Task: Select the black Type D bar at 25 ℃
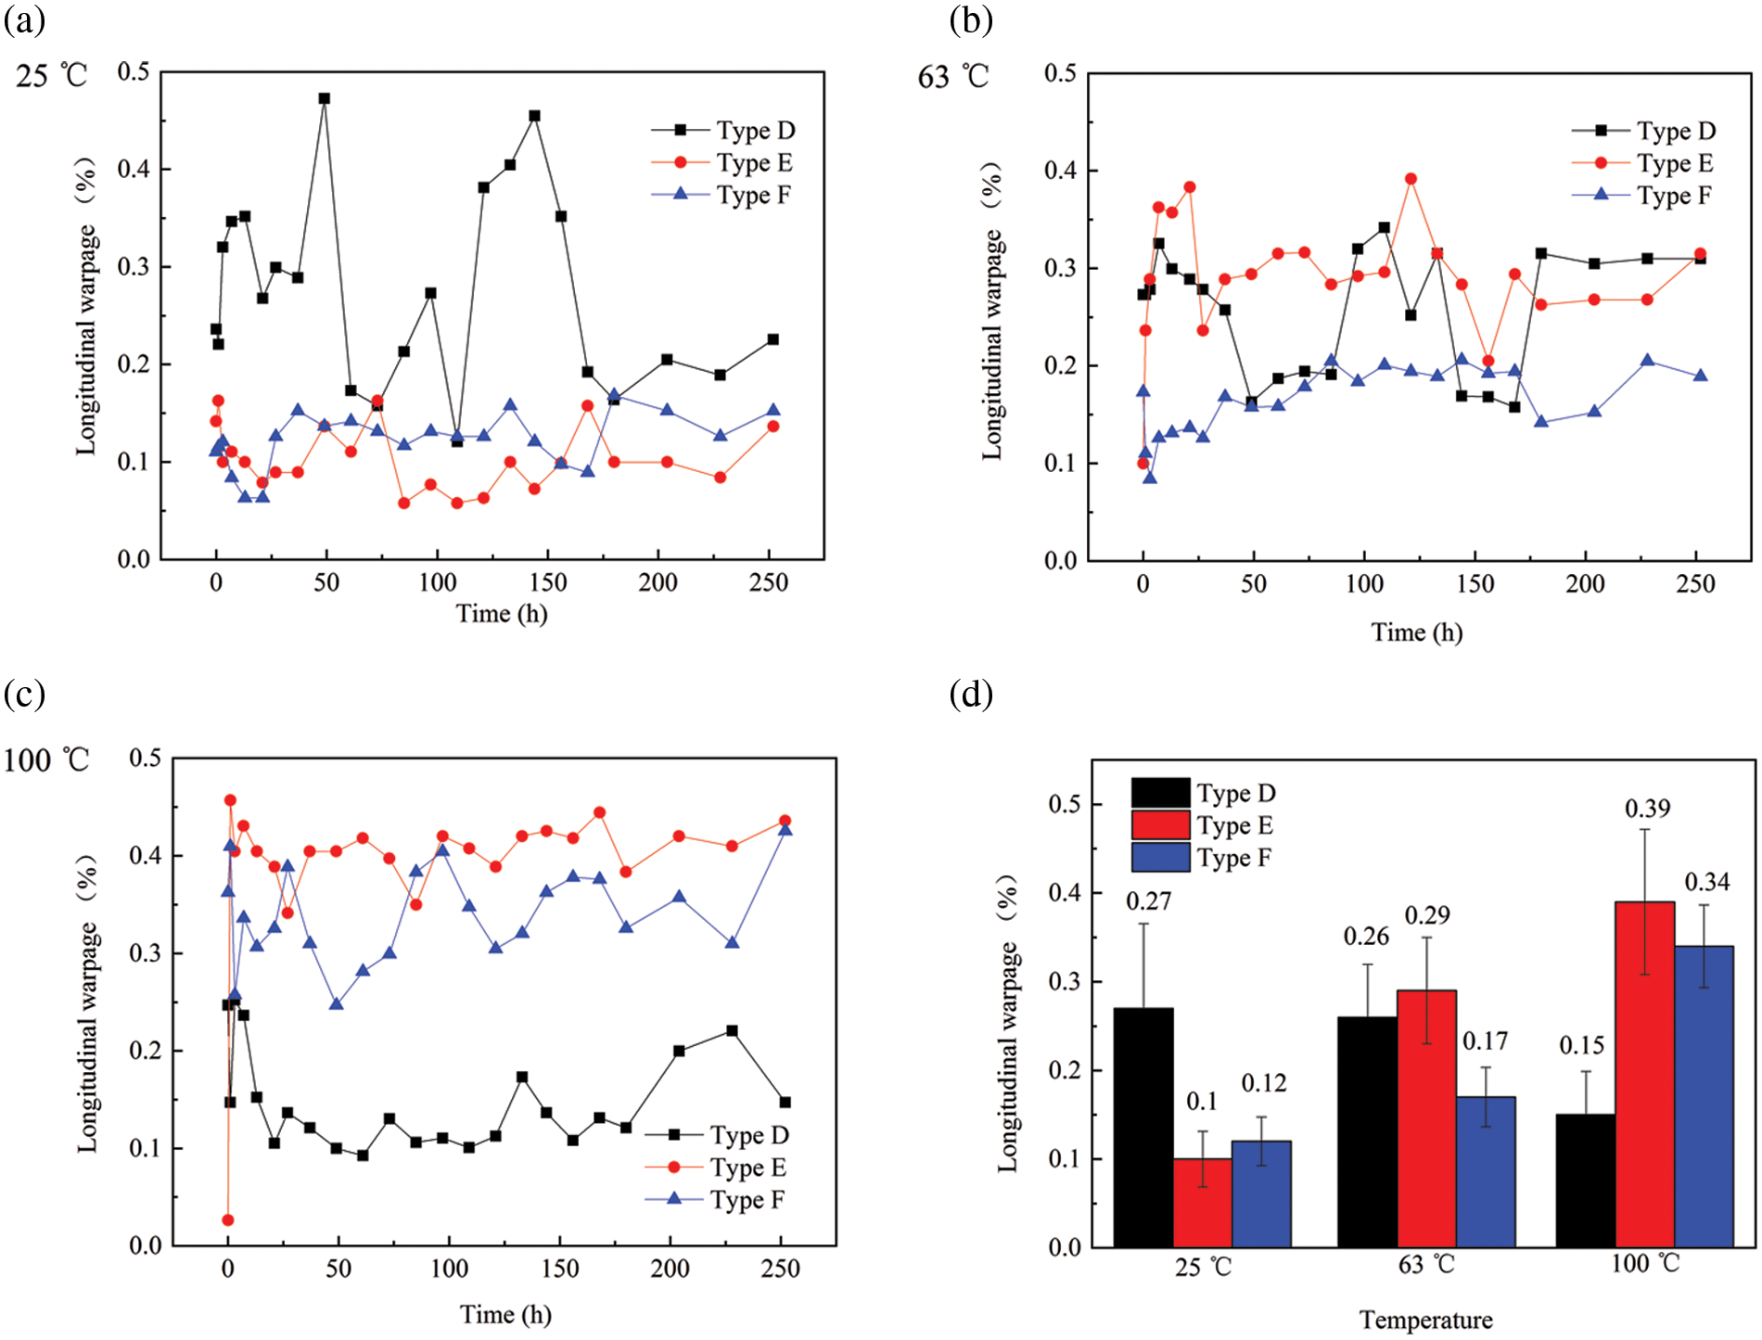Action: pyautogui.click(x=1143, y=1127)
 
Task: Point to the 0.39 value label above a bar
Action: pyautogui.click(x=1647, y=809)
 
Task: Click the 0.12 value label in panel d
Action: pyautogui.click(x=1264, y=1083)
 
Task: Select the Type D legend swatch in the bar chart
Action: pyautogui.click(x=1160, y=793)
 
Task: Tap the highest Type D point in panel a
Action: pyautogui.click(x=324, y=98)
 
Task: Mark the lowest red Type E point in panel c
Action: pyautogui.click(x=228, y=1220)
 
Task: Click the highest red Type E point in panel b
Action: pyautogui.click(x=1411, y=179)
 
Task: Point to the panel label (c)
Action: pyautogui.click(x=24, y=694)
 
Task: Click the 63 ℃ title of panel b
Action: pyautogui.click(x=953, y=76)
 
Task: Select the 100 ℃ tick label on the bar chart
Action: pyautogui.click(x=1644, y=1264)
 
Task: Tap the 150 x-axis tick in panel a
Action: pyautogui.click(x=548, y=583)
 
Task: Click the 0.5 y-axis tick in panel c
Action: pyautogui.click(x=146, y=759)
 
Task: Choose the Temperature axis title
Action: pyautogui.click(x=1425, y=1320)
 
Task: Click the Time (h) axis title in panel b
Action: pyautogui.click(x=1416, y=632)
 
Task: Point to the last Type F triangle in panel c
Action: pyautogui.click(x=785, y=829)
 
